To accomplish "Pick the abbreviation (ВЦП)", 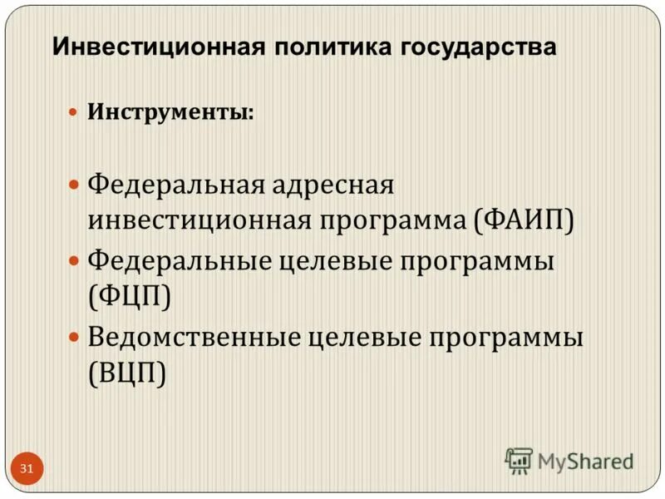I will [x=127, y=371].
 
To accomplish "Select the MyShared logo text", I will [x=585, y=461].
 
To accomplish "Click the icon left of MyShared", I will [x=519, y=460].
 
